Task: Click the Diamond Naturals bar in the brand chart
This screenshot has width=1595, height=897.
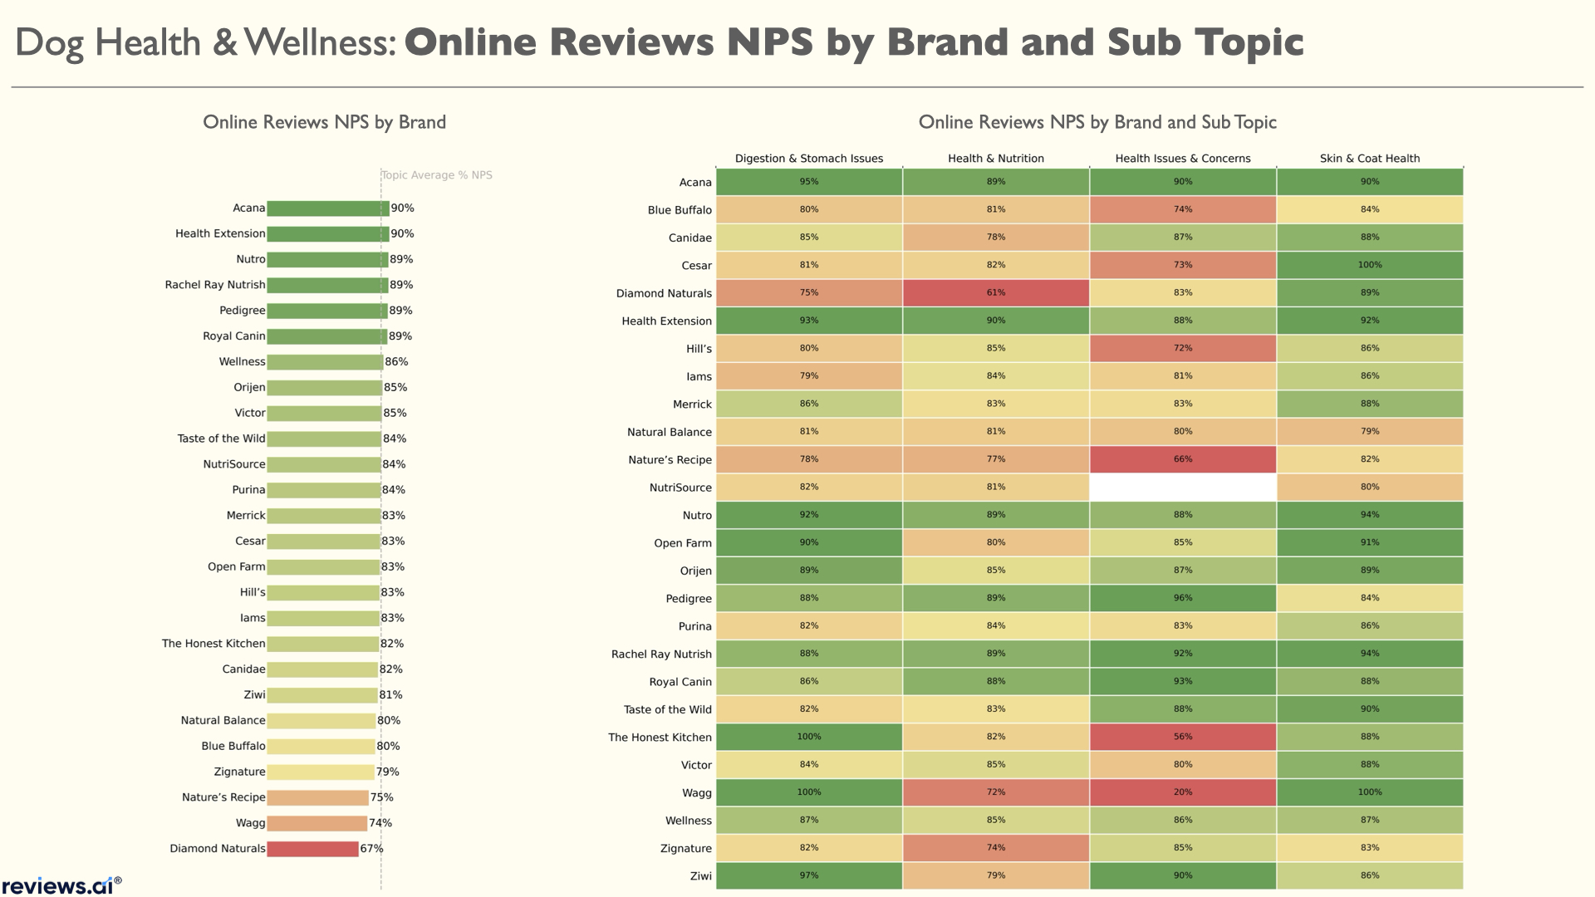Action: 312,849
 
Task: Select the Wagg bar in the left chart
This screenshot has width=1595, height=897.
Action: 317,823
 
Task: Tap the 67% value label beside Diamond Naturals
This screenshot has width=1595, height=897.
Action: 371,849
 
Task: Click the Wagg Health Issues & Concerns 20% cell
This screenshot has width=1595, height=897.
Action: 1182,792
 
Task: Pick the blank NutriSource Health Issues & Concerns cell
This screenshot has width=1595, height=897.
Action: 1182,488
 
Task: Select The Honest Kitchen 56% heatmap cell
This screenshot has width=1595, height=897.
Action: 1182,737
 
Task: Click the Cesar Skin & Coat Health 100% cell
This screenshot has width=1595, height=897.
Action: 1369,265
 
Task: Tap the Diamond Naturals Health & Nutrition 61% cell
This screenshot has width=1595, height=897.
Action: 995,293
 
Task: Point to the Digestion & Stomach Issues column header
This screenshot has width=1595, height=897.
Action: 808,159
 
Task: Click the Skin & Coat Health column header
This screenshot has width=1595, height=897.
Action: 1369,159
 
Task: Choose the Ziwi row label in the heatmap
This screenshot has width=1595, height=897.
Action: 700,876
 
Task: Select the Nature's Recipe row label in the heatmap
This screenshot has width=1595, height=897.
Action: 670,460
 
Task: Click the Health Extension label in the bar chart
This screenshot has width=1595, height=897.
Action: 220,233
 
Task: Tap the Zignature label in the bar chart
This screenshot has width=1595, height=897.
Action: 239,772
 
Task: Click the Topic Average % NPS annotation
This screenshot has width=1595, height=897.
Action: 437,175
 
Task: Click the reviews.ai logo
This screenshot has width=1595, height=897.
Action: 61,885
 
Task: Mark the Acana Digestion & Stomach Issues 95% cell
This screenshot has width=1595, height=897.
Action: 808,182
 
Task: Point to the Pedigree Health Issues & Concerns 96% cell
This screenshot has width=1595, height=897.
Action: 1182,598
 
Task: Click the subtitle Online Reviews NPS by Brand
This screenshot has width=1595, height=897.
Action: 324,122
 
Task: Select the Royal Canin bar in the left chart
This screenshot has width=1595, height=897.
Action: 326,336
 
